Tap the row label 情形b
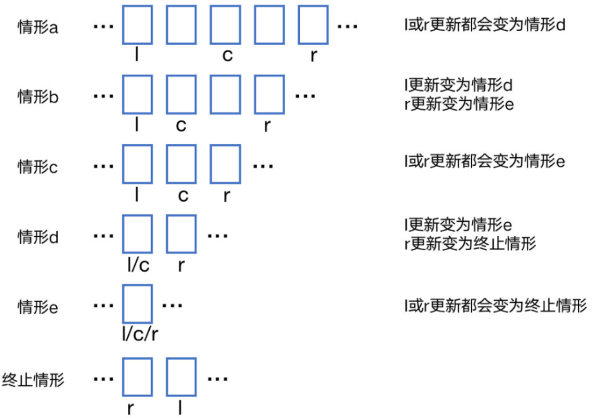38,96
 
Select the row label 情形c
38,167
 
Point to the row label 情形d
38,237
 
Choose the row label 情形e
38,307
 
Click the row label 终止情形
33,379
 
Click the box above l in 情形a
137,26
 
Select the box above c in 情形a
225,26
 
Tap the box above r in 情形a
313,26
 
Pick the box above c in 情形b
181,95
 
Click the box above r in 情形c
225,165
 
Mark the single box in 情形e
137,305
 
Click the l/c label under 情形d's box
137,265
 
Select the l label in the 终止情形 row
181,408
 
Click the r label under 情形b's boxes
267,125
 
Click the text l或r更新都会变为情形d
484,26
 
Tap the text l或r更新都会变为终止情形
495,305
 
